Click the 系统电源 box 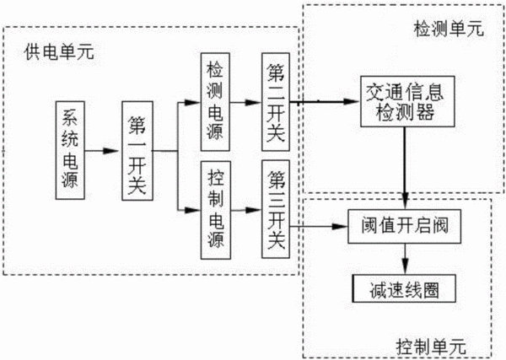[x=70, y=150]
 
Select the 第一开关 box [x=137, y=151]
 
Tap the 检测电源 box [x=215, y=102]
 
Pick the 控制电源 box [x=216, y=210]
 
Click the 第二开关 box [x=276, y=102]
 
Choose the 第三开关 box [x=276, y=209]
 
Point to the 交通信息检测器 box [x=407, y=101]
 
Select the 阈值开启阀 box [x=404, y=226]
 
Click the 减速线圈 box [x=404, y=288]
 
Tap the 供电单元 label [x=59, y=51]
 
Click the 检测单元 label [x=449, y=29]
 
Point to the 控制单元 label [x=431, y=347]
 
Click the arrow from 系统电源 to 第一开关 [x=101, y=151]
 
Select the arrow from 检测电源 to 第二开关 [x=245, y=103]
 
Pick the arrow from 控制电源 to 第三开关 [x=246, y=210]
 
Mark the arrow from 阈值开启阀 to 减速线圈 [x=405, y=259]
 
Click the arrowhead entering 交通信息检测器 [x=353, y=102]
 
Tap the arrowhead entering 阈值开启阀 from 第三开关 [x=340, y=227]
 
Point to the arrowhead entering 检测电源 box [x=192, y=103]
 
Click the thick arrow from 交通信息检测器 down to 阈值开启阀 [x=405, y=168]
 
